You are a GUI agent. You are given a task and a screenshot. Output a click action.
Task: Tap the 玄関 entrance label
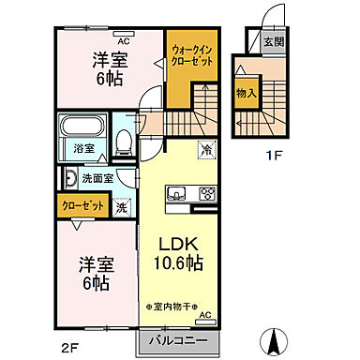tap(272, 41)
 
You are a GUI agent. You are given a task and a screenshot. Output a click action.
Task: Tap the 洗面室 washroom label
tap(95, 178)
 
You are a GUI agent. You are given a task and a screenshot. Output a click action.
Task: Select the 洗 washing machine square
tap(123, 207)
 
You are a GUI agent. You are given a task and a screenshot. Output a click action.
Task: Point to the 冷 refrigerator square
tap(205, 148)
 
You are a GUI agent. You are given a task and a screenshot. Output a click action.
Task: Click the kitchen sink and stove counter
tap(191, 195)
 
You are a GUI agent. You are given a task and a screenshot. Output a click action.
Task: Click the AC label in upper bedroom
tap(124, 40)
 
